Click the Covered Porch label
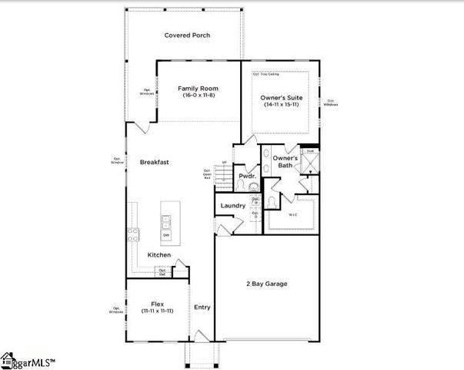(187, 35)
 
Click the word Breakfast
(154, 162)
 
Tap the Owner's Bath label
(284, 161)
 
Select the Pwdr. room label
(246, 176)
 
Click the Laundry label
(232, 206)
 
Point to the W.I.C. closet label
(293, 215)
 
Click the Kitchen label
(159, 255)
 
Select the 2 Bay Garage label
(266, 284)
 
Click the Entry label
(202, 307)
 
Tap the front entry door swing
(199, 335)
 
